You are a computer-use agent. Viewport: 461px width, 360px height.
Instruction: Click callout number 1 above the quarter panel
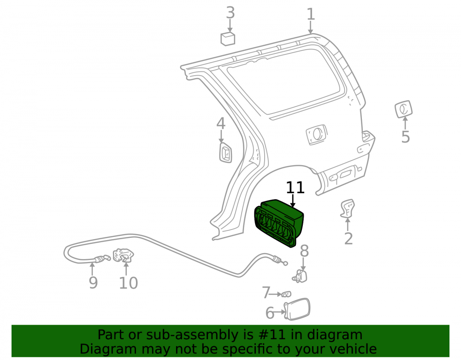(x=311, y=14)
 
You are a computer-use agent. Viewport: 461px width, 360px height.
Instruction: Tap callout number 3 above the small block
(x=230, y=12)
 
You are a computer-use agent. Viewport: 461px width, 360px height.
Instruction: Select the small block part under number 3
(x=228, y=39)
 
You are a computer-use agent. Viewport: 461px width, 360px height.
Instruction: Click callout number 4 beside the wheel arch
(x=221, y=124)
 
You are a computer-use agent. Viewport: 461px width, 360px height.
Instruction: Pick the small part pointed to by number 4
(x=225, y=153)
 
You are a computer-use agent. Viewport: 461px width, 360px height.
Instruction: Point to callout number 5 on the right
(x=405, y=137)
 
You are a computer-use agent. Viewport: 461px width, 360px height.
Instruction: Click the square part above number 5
(x=403, y=109)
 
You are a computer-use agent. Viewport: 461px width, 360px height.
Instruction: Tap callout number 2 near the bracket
(x=349, y=238)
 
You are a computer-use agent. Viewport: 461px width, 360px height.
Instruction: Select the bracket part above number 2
(x=348, y=208)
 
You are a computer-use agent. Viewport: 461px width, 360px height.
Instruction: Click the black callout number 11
(x=295, y=188)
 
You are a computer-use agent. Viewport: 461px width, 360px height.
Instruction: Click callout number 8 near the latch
(x=304, y=251)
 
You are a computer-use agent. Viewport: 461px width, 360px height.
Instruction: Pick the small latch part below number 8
(x=300, y=276)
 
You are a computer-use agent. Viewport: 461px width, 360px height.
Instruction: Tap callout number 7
(x=266, y=293)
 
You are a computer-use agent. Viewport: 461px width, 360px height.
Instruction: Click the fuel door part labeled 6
(x=297, y=309)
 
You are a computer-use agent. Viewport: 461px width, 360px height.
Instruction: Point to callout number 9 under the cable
(x=93, y=283)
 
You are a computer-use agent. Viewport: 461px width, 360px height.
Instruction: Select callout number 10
(x=129, y=283)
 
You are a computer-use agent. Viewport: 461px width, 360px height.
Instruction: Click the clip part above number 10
(x=124, y=256)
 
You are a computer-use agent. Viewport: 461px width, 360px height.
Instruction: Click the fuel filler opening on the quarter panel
(x=316, y=134)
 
